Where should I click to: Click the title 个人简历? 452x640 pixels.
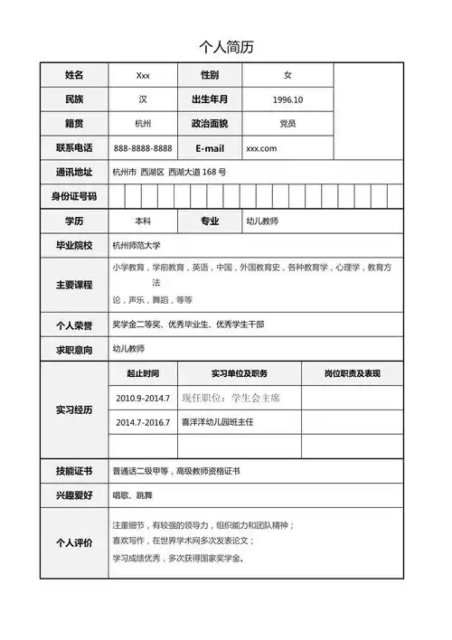(x=226, y=46)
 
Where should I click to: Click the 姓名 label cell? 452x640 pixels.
(x=74, y=75)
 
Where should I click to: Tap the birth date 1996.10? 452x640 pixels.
(x=287, y=99)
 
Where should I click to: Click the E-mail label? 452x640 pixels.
(x=210, y=148)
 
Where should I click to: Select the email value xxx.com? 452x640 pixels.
(x=261, y=148)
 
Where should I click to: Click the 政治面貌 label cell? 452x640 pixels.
(x=210, y=124)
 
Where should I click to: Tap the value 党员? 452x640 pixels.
(x=287, y=124)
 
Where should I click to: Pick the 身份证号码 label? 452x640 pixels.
(x=74, y=196)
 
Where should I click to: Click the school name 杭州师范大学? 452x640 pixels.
(x=143, y=245)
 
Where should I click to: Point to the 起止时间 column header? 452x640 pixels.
(x=143, y=373)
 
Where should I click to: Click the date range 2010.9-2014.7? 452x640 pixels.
(x=143, y=398)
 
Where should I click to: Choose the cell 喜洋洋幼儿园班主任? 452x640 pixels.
(x=218, y=422)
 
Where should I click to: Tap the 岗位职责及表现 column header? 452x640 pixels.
(x=352, y=373)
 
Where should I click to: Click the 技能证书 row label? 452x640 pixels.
(x=74, y=471)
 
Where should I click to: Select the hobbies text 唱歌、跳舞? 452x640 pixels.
(x=132, y=495)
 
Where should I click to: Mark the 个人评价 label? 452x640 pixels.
(x=74, y=542)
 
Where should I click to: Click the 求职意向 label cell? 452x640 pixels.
(x=74, y=349)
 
